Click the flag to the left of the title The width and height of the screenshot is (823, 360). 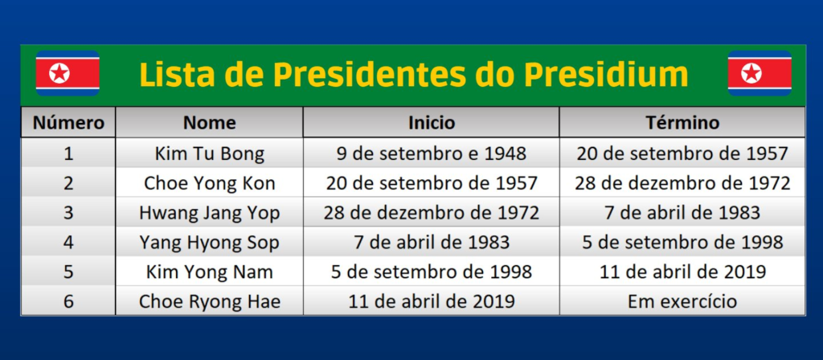click(68, 73)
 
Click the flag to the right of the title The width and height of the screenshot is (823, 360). click(759, 73)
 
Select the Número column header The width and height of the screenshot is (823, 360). click(68, 122)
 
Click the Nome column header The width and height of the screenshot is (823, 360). click(210, 122)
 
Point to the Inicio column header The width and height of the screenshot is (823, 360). click(432, 122)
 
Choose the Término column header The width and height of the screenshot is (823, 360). click(682, 122)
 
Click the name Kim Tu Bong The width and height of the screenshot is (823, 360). click(210, 153)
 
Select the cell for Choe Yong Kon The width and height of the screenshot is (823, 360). click(210, 183)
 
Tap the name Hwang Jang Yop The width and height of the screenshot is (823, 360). click(210, 213)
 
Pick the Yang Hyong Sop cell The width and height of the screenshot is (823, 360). click(210, 243)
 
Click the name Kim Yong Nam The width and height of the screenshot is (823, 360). click(210, 272)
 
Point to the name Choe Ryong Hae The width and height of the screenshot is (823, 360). click(210, 302)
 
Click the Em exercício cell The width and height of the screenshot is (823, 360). click(682, 301)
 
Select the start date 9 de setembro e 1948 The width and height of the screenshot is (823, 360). click(432, 153)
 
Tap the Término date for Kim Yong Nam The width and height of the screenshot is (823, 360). click(682, 272)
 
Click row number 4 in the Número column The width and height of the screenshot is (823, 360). click(68, 243)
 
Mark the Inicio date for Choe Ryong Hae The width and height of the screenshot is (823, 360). click(432, 302)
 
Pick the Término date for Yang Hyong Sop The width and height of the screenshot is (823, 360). click(682, 243)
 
